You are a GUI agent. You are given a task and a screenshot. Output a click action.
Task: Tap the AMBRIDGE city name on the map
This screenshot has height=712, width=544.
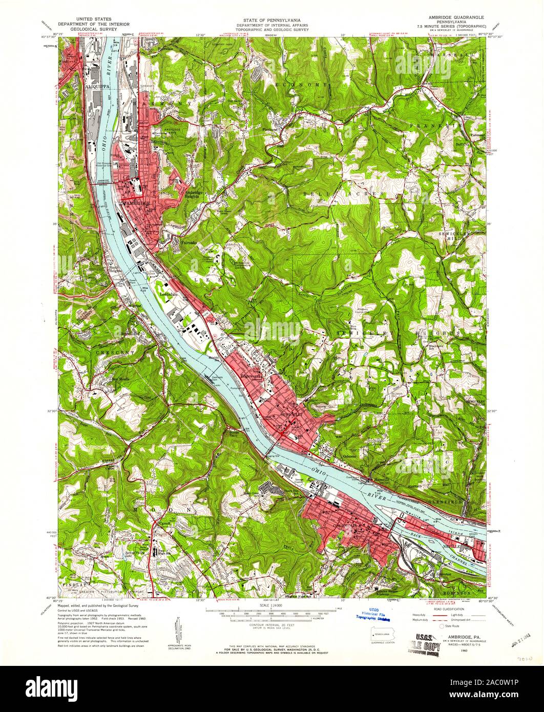(x=137, y=203)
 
